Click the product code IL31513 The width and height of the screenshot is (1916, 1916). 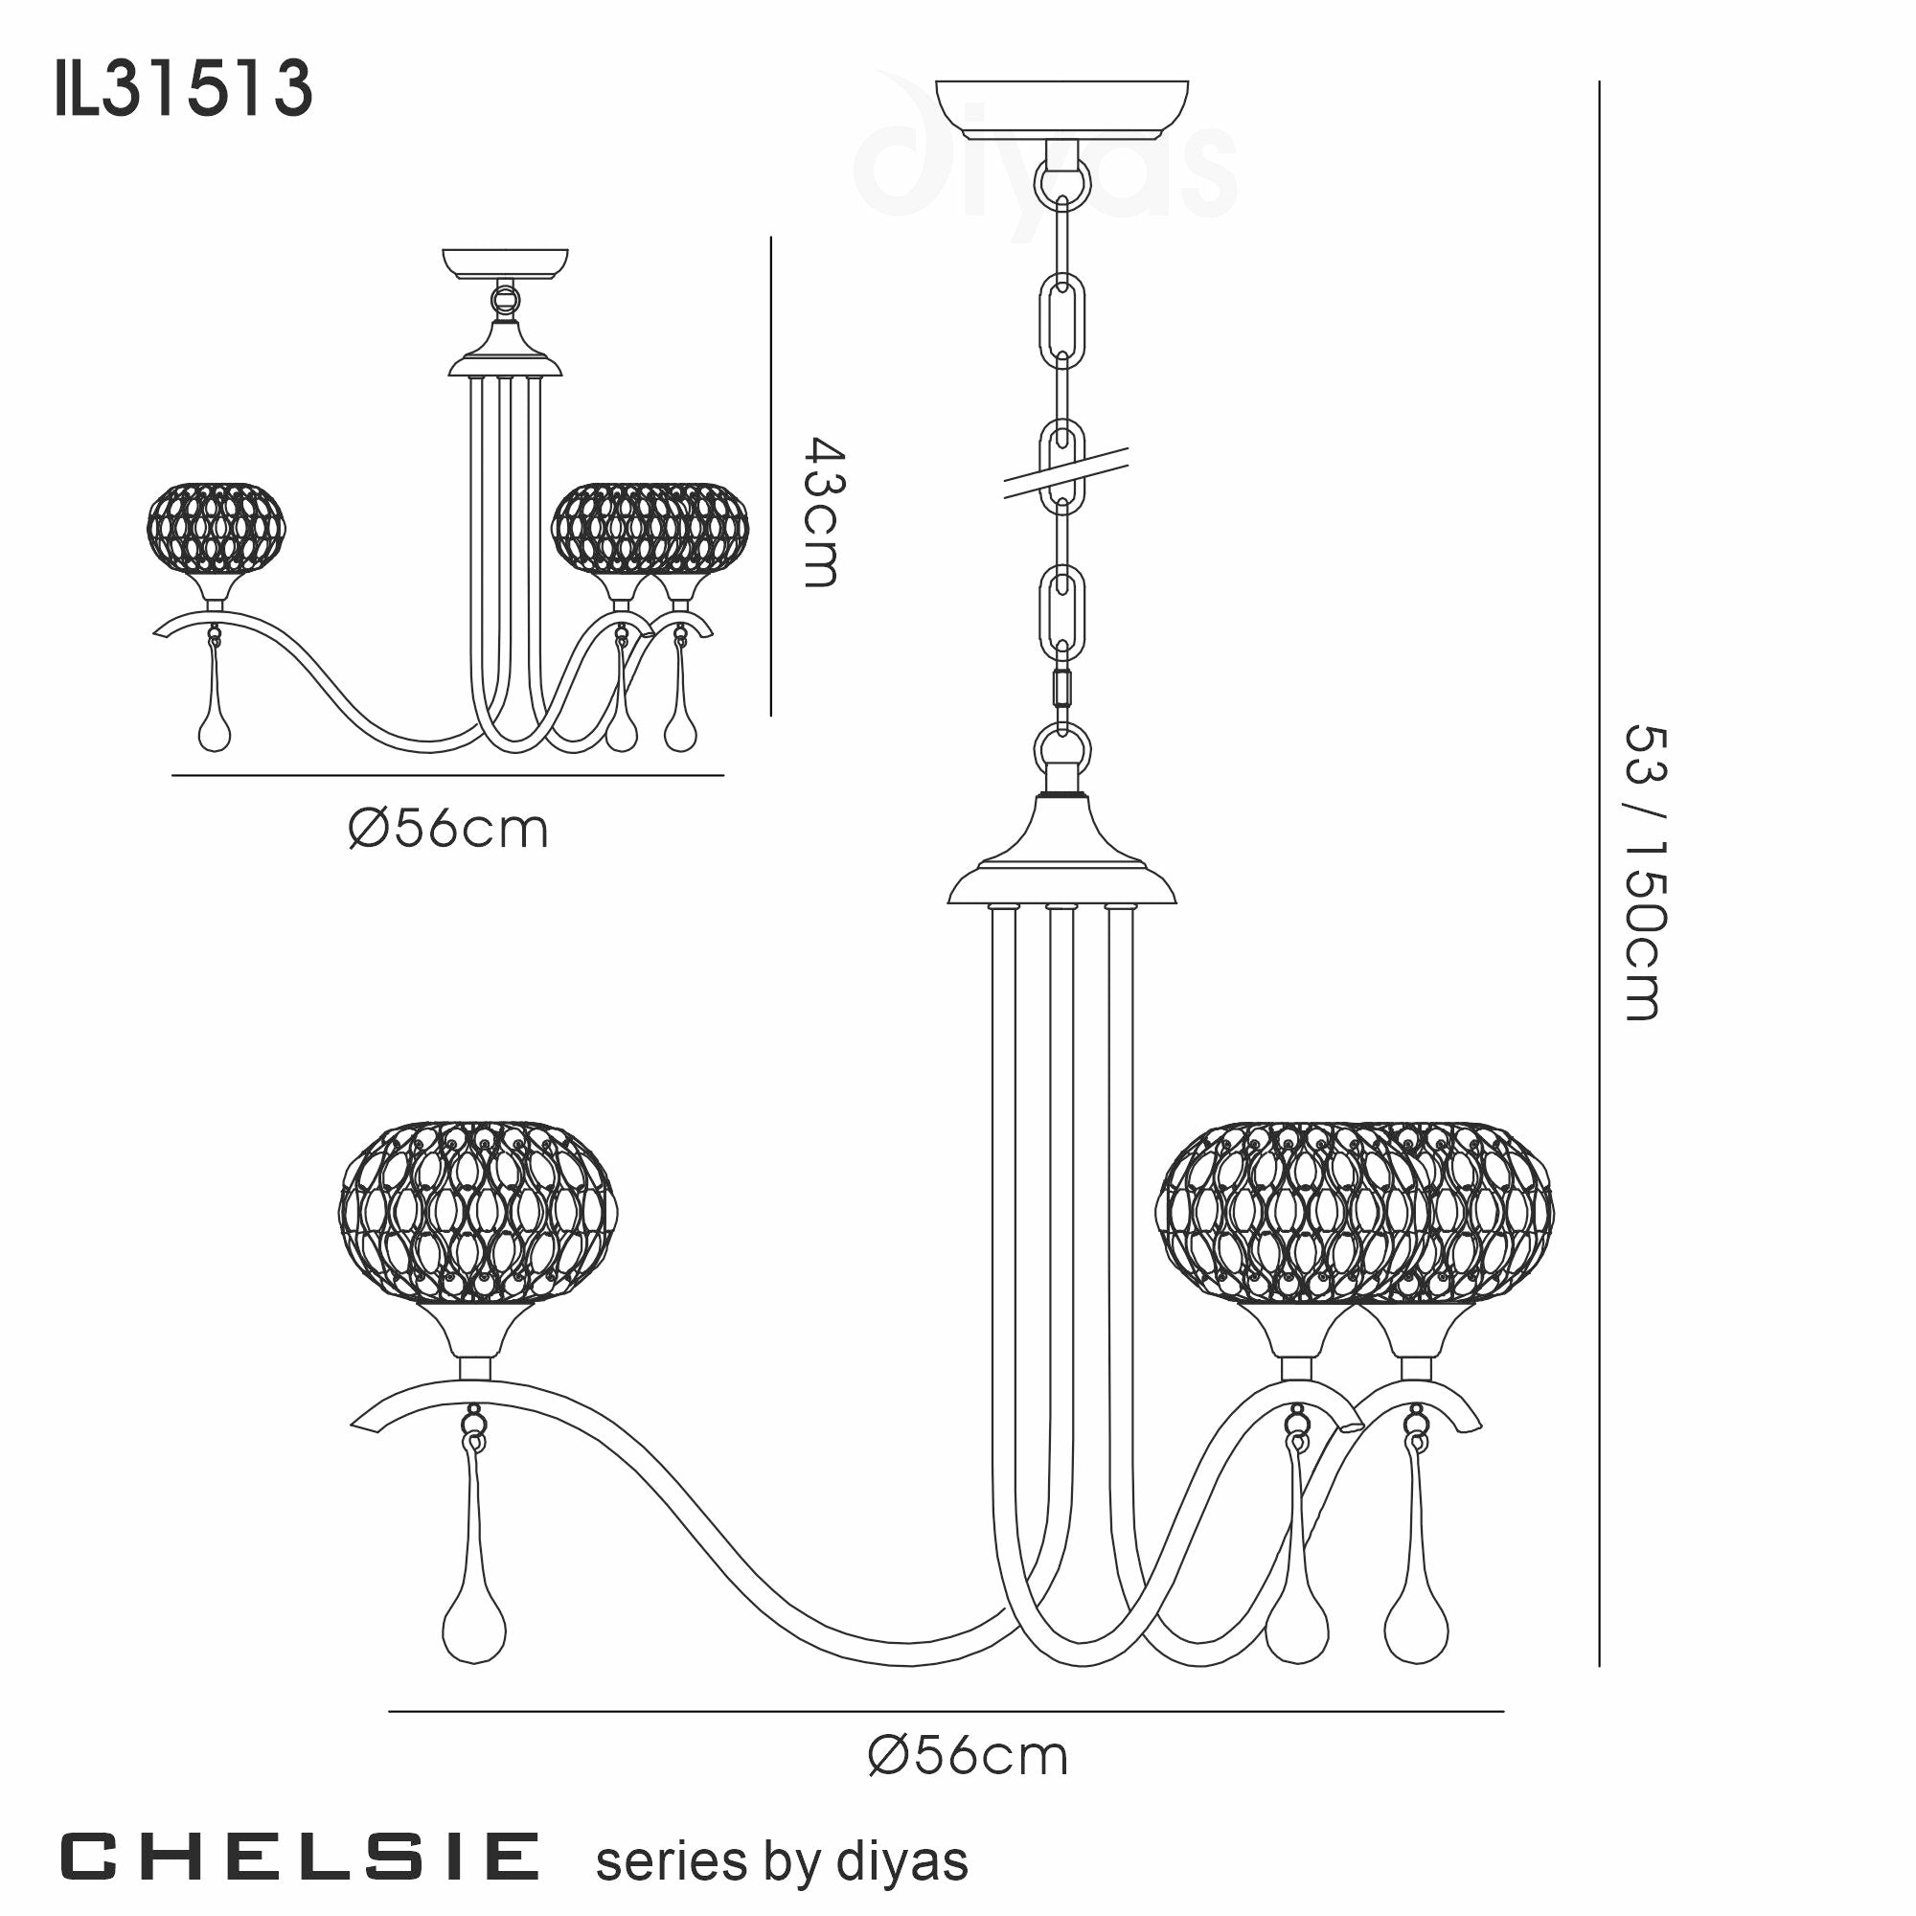pos(185,89)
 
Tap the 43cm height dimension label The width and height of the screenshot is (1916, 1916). pos(822,512)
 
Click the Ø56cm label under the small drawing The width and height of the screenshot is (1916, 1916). pos(448,829)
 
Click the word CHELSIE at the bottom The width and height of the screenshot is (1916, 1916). pos(301,1858)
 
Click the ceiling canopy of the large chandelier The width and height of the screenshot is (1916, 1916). pos(1062,108)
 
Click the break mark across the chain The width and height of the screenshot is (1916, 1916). pos(1066,472)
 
